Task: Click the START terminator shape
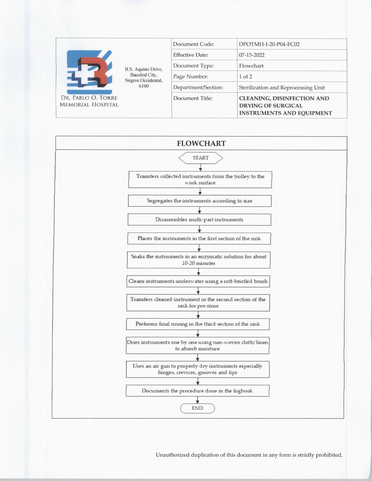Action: pos(200,158)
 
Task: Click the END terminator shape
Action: pos(198,408)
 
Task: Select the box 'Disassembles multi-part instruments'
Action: pos(199,220)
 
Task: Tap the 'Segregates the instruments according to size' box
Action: pos(200,201)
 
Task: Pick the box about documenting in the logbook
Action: pos(197,391)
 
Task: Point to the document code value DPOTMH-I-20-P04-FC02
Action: pos(269,44)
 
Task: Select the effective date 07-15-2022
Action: pos(252,55)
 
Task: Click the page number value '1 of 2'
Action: pos(245,77)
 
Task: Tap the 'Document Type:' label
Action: pos(193,66)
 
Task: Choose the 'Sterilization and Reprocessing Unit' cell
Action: pos(282,87)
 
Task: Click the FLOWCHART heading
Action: pos(201,143)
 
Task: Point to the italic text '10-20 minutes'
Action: pos(198,263)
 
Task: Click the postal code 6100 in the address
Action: pos(144,86)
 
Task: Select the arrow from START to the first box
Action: pos(200,168)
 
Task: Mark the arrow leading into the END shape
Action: pos(198,400)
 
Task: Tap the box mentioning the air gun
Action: pos(198,369)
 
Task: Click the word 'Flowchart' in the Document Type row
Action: pos(251,66)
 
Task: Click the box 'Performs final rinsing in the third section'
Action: pos(198,324)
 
